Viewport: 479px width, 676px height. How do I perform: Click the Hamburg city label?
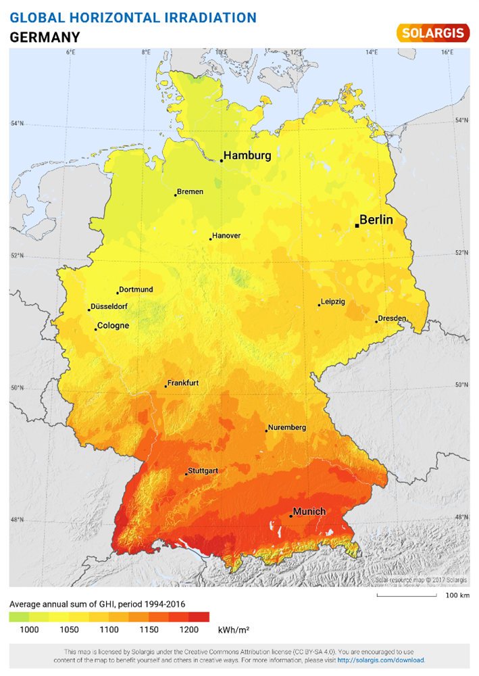(247, 155)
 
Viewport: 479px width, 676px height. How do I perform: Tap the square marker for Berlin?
(357, 226)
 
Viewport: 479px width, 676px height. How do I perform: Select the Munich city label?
(309, 512)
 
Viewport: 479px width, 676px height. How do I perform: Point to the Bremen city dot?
(176, 195)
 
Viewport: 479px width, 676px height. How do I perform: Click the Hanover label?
(226, 236)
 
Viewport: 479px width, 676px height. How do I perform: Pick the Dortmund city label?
(136, 289)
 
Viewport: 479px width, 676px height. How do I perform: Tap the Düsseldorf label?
(110, 306)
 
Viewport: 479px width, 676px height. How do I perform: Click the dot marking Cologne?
(96, 329)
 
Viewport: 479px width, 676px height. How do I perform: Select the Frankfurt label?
(183, 383)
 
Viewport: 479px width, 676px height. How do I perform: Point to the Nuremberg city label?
(287, 427)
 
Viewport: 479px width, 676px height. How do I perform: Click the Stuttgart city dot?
(186, 474)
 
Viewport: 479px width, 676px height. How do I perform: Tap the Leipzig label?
(333, 301)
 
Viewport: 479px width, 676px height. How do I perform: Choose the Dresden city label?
(393, 318)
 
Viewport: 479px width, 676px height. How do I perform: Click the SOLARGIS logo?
(432, 32)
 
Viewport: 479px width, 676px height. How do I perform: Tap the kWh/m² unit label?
(233, 629)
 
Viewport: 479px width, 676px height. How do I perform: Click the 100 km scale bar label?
(457, 596)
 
